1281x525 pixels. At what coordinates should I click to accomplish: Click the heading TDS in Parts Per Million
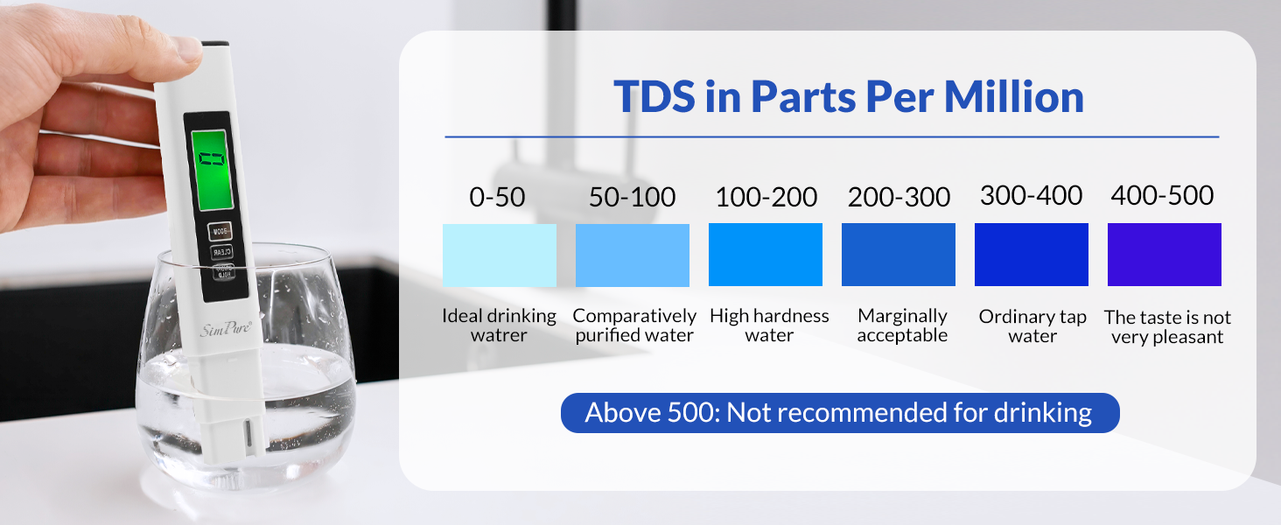point(848,96)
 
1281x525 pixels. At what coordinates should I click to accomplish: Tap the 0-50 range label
point(497,197)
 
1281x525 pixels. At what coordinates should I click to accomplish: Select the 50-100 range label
point(632,197)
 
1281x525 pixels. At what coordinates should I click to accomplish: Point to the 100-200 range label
point(766,197)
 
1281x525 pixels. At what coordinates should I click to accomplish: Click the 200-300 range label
point(899,197)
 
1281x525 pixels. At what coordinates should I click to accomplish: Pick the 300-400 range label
point(1032,195)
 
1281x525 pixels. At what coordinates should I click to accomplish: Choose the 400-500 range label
point(1162,195)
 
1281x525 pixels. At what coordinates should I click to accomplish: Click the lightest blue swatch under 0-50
point(499,255)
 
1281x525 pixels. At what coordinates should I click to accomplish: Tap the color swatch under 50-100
point(632,255)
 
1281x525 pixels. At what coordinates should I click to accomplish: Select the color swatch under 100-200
point(765,255)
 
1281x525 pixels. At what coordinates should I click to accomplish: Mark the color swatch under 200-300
point(898,255)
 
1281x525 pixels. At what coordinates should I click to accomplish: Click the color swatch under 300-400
point(1031,255)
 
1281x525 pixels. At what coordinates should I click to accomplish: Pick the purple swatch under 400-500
point(1164,255)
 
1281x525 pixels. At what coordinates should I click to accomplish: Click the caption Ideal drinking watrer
point(499,325)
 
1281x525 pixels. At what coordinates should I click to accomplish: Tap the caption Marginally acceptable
point(902,325)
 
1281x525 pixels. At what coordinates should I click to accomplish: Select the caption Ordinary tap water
point(1032,326)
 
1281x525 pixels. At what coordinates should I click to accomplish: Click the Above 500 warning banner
point(839,413)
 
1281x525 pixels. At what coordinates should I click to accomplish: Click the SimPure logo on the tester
point(227,328)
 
